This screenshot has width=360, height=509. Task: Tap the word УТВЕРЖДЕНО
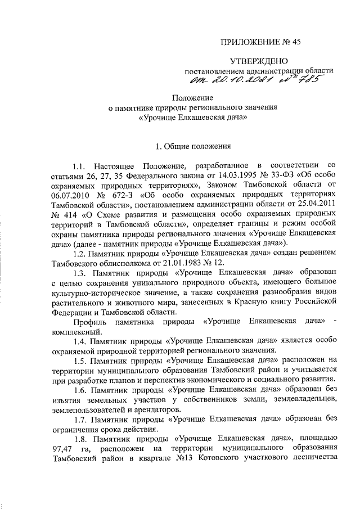pos(259,61)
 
